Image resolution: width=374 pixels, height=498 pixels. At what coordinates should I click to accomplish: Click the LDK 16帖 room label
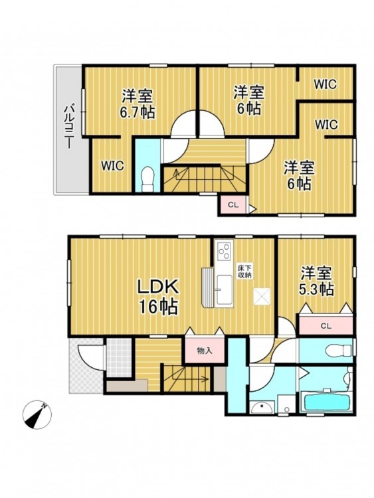(x=158, y=296)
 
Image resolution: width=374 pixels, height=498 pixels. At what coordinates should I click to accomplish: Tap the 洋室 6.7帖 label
(x=138, y=104)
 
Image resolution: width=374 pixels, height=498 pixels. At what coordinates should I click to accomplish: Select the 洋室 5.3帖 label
(x=316, y=281)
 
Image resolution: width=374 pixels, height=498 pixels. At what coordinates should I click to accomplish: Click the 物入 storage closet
(x=205, y=350)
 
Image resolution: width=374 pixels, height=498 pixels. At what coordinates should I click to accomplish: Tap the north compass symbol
(x=37, y=414)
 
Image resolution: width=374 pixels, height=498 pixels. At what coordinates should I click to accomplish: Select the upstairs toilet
(x=147, y=179)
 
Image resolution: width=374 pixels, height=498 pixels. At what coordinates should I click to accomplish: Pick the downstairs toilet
(x=338, y=351)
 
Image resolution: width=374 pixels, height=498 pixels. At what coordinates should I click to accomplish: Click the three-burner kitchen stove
(x=224, y=250)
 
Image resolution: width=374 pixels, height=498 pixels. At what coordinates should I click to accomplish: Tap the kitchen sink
(x=224, y=287)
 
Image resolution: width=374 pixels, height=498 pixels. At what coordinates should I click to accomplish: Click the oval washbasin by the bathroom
(x=262, y=408)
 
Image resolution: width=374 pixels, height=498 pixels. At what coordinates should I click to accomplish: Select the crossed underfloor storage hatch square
(x=262, y=296)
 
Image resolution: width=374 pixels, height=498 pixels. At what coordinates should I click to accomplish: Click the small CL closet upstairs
(x=233, y=205)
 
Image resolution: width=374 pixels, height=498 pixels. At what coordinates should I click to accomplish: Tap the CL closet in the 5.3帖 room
(x=326, y=325)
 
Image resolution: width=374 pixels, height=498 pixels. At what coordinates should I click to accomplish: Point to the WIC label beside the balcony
(x=112, y=165)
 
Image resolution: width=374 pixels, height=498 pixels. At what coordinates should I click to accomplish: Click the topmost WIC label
(x=325, y=84)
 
